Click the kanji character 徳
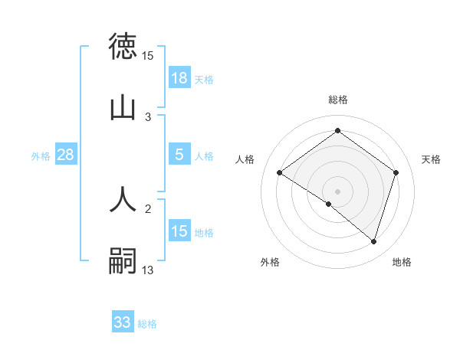[x=123, y=47]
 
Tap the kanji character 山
[x=123, y=108]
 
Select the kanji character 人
[x=123, y=199]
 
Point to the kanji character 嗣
[x=123, y=261]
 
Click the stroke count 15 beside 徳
[x=148, y=56]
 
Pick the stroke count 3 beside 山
[x=148, y=117]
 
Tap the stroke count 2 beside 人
[x=148, y=208]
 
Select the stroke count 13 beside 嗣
[x=148, y=270]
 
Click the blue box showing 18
[x=179, y=77]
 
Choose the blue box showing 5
[x=179, y=154]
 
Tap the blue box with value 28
[x=65, y=154]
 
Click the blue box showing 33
[x=123, y=322]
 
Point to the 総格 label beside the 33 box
[x=147, y=324]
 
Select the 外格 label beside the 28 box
[x=41, y=155]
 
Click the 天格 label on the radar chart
[x=432, y=159]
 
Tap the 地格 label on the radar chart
[x=402, y=262]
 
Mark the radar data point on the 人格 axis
[x=280, y=173]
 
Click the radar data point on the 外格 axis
[x=329, y=204]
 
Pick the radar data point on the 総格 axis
[x=337, y=131]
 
